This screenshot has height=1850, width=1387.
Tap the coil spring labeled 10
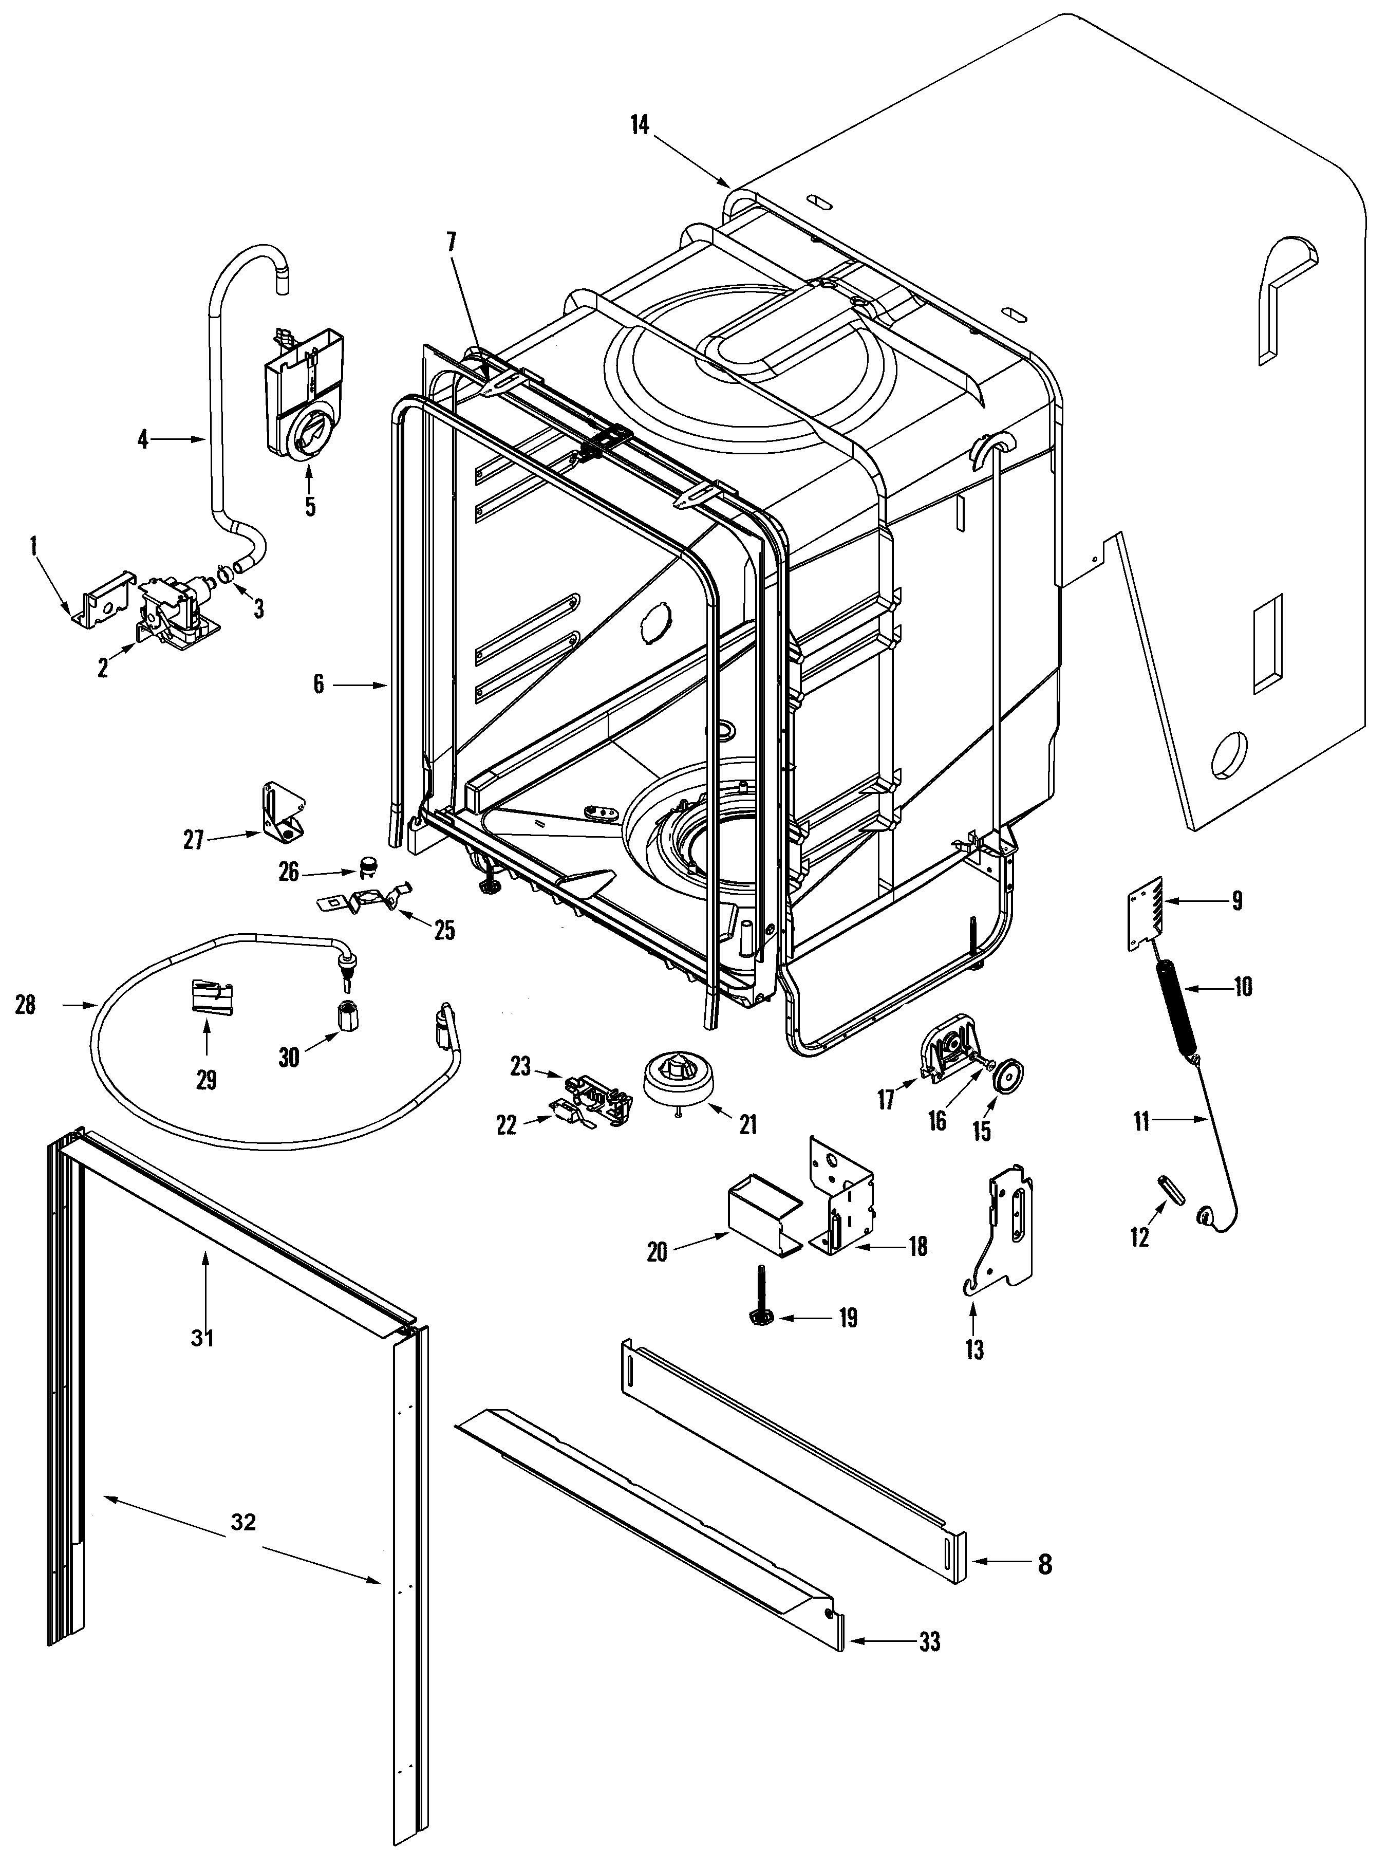(1177, 1011)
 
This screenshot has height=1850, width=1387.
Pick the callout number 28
(26, 1005)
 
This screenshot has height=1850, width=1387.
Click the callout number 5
(310, 507)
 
